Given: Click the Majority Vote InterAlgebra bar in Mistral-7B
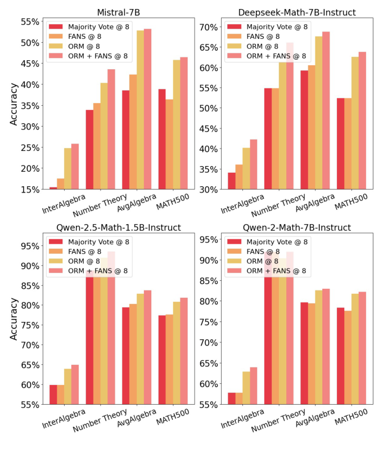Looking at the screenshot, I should click(x=53, y=188).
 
